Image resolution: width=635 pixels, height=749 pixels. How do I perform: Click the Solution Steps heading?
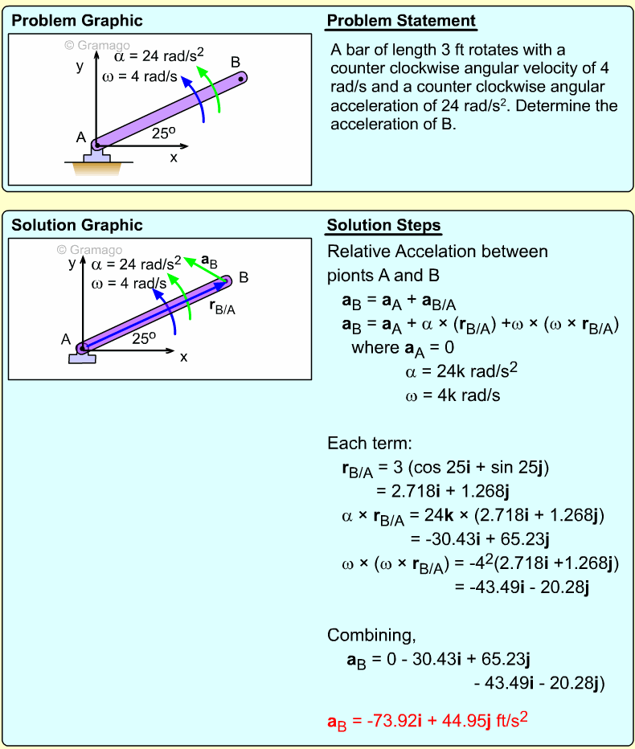[x=383, y=226]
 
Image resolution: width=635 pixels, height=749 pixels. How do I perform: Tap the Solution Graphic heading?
[x=77, y=226]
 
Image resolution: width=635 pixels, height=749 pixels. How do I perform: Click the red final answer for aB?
[x=427, y=721]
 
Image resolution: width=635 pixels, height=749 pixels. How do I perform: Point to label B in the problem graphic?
[x=236, y=62]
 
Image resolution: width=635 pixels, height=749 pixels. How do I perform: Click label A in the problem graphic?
[x=81, y=137]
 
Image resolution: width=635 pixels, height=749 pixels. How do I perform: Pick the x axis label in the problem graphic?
[x=173, y=158]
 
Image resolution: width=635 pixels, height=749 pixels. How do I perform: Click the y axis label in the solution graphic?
[x=72, y=263]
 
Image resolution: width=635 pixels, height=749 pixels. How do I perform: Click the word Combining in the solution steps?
[x=371, y=636]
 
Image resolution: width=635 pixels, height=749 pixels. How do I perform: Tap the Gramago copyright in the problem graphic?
[x=96, y=46]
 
